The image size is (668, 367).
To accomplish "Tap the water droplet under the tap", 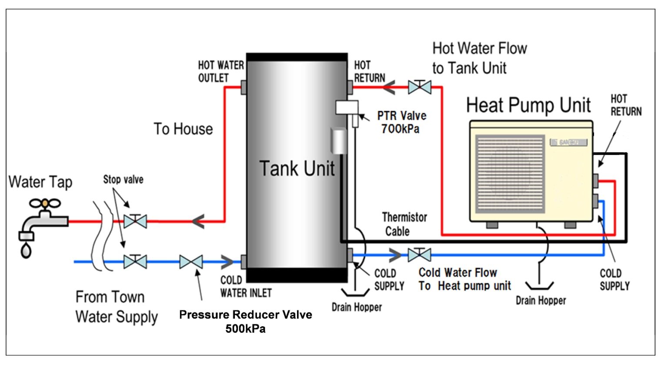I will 26,250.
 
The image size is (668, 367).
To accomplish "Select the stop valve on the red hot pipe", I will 135,221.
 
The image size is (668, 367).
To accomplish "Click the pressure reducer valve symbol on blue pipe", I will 191,261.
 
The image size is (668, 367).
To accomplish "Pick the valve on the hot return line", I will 419,87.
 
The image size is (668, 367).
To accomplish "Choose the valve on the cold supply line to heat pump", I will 419,255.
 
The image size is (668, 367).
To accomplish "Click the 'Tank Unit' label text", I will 297,169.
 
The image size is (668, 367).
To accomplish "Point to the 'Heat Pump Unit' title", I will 528,105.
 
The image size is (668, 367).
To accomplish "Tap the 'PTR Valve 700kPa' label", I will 401,122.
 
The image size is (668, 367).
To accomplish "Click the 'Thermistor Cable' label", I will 404,224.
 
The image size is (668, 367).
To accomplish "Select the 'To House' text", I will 183,129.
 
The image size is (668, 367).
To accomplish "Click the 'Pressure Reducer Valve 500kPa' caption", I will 245,321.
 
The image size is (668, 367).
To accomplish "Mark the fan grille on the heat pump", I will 510,174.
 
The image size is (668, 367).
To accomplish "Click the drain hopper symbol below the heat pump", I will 539,285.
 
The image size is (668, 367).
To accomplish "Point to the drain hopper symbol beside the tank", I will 355,292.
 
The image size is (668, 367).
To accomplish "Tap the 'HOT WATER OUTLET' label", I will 220,72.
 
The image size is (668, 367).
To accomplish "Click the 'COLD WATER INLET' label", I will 245,287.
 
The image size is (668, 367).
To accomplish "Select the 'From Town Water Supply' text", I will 116,307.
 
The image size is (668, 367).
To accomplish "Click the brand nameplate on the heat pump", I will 568,142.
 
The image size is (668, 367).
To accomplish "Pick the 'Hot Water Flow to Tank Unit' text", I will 479,58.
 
